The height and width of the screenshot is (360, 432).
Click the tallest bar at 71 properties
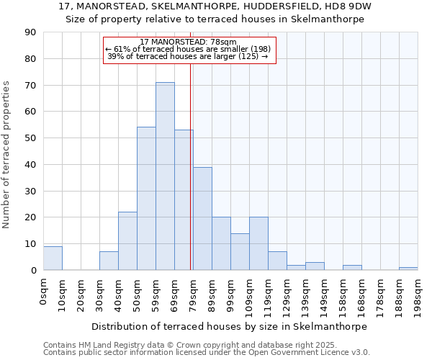[x=165, y=176]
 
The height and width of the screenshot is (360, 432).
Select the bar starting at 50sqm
[x=146, y=199]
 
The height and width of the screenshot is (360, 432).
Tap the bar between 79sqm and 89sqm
[x=202, y=219]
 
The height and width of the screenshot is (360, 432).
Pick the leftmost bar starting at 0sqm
[x=53, y=258]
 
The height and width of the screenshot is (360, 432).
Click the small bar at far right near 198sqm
[x=408, y=269]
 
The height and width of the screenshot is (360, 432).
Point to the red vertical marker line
[x=190, y=180]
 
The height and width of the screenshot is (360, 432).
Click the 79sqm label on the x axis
[x=193, y=292]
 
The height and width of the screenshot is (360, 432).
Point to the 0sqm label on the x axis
[x=43, y=289]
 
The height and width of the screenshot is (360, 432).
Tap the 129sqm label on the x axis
[x=287, y=294]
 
